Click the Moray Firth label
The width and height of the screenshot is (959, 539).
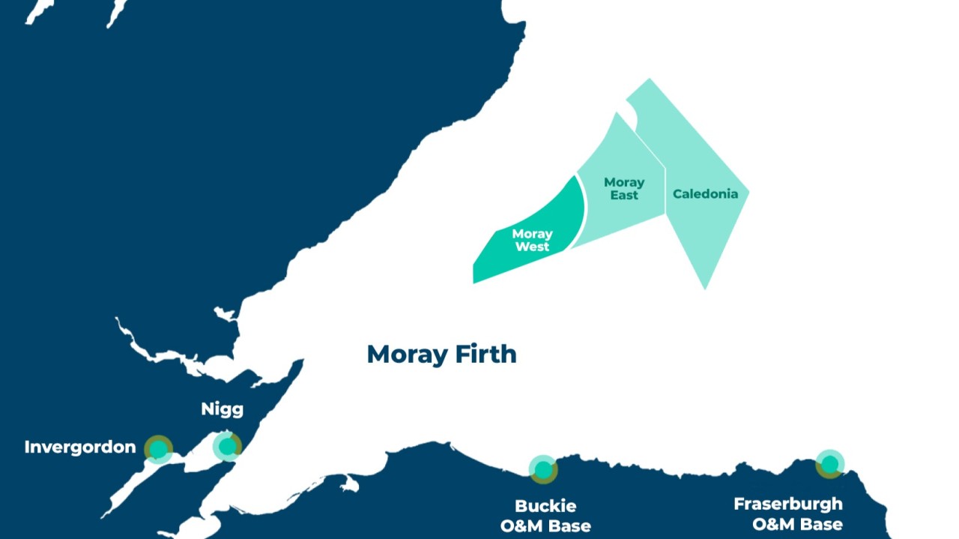(x=441, y=354)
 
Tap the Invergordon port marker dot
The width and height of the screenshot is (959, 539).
(x=158, y=449)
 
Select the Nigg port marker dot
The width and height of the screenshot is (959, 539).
(x=226, y=447)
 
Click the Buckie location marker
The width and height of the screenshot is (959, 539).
(x=543, y=469)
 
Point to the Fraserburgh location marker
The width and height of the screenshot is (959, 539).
(x=829, y=464)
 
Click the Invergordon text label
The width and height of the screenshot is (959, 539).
(x=80, y=448)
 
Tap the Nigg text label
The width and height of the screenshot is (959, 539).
(x=223, y=409)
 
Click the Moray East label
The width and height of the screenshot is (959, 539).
(x=624, y=189)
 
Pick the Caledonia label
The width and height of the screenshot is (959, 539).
(x=705, y=194)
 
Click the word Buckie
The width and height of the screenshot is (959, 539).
(x=545, y=506)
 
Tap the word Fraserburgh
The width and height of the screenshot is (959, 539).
(x=788, y=504)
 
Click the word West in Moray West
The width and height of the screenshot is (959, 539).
(x=532, y=247)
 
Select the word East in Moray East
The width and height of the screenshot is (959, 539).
(x=624, y=196)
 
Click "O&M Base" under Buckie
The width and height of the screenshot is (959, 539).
(x=545, y=526)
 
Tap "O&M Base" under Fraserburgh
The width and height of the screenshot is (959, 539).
(x=797, y=524)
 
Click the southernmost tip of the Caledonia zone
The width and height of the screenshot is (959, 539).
(x=705, y=289)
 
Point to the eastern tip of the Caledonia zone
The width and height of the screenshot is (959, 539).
(x=748, y=193)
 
